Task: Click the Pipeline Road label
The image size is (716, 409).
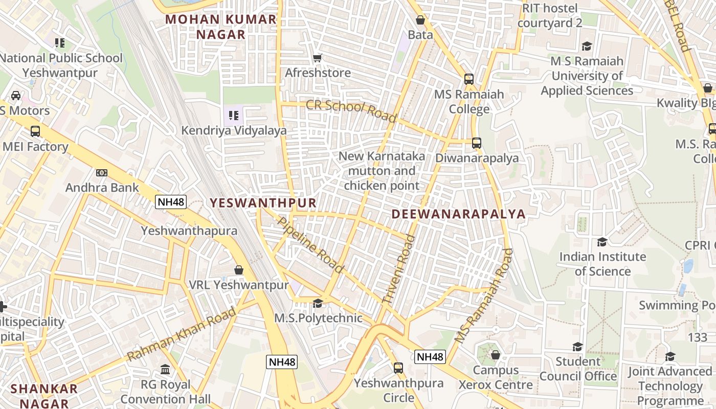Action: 310,244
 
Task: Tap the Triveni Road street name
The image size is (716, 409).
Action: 398,270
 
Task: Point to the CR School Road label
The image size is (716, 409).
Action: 351,111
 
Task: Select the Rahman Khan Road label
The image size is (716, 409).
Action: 182,334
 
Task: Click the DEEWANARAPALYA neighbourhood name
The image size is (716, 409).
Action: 459,214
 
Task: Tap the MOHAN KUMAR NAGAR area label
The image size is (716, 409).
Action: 221,27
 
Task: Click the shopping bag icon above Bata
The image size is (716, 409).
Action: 420,20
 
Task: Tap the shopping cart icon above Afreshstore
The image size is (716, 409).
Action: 318,58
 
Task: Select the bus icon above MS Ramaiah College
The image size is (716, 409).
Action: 469,79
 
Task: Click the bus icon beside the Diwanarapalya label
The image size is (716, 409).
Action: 477,143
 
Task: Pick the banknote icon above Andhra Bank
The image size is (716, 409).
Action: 102,173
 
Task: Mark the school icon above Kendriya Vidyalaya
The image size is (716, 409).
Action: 234,116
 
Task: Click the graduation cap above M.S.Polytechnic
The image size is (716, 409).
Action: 318,304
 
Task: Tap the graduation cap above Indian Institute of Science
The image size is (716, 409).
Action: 602,242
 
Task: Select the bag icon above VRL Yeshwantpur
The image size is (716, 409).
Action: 238,270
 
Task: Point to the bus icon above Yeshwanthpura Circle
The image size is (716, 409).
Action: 398,368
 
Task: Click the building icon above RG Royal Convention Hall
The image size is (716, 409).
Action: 165,369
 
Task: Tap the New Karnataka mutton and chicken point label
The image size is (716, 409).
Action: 382,171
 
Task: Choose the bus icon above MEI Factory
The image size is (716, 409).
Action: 35,131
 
